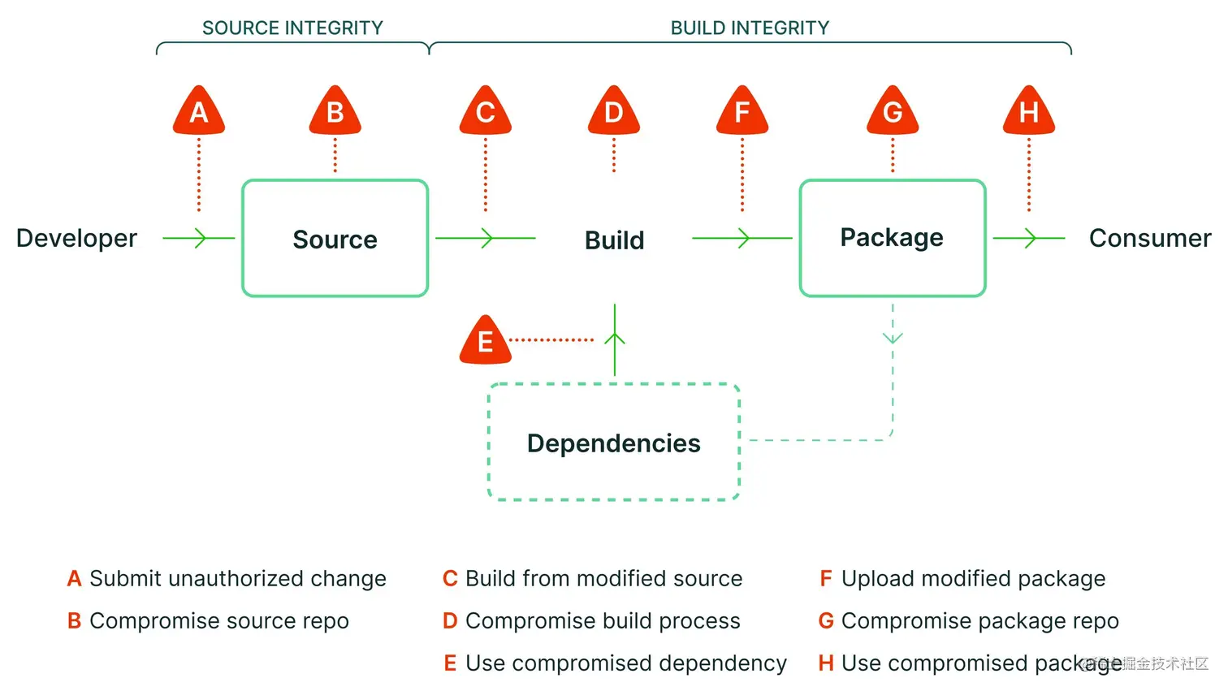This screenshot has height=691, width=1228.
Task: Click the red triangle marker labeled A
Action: [198, 110]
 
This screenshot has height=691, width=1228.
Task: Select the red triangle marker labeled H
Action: [1028, 110]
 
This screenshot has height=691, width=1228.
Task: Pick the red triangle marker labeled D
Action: [613, 110]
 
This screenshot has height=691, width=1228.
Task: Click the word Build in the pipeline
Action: [614, 240]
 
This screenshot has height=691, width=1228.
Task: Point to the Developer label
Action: [76, 239]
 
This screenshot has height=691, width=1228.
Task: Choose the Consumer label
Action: [1149, 239]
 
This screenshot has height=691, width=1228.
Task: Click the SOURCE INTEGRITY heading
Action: [292, 28]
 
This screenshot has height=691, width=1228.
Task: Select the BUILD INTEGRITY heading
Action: [750, 28]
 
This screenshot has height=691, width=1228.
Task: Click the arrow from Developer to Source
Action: [198, 238]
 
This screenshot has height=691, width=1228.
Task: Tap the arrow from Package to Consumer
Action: [1029, 238]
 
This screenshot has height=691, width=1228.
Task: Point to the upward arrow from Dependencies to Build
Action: [615, 339]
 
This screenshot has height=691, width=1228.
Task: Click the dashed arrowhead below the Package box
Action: [893, 338]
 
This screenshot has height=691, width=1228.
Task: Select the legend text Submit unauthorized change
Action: [238, 579]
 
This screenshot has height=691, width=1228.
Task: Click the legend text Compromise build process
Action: [603, 621]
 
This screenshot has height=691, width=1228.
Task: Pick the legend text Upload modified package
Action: [974, 579]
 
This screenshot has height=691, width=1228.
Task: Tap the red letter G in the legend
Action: [826, 621]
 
